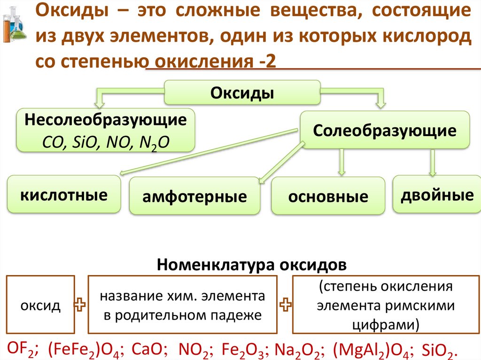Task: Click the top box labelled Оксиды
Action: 242,92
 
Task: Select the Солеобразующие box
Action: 384,130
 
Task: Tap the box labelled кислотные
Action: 64,195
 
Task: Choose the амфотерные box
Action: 194,197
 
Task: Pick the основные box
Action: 328,197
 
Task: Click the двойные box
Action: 436,195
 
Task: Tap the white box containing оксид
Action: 40,306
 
